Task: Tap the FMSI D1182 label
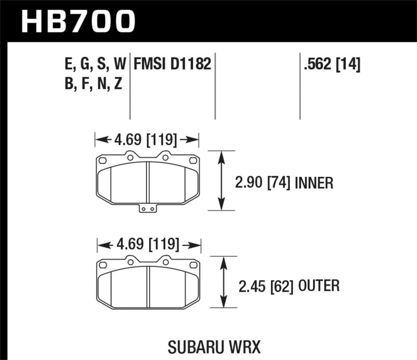click(x=173, y=64)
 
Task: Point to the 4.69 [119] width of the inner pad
click(x=146, y=140)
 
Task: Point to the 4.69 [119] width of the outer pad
click(x=149, y=244)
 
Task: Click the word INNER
click(x=314, y=183)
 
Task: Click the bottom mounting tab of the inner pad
click(x=149, y=209)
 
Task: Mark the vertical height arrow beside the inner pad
click(x=223, y=181)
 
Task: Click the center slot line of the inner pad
click(x=149, y=180)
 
